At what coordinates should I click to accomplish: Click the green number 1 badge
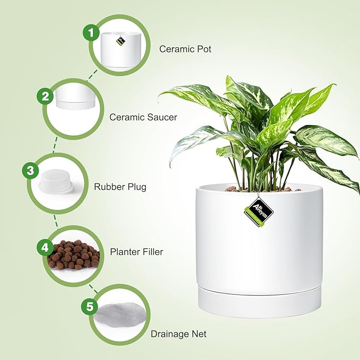(91, 33)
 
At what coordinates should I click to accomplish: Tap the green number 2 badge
(46, 96)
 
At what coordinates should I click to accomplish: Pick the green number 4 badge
(45, 247)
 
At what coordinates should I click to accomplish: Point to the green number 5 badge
(89, 307)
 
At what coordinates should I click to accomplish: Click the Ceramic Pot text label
(186, 49)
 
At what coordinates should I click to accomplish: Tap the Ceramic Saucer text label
(143, 117)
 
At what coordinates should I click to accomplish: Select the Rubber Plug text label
(120, 187)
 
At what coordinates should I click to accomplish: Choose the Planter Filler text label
(136, 252)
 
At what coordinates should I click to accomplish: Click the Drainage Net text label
(179, 334)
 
